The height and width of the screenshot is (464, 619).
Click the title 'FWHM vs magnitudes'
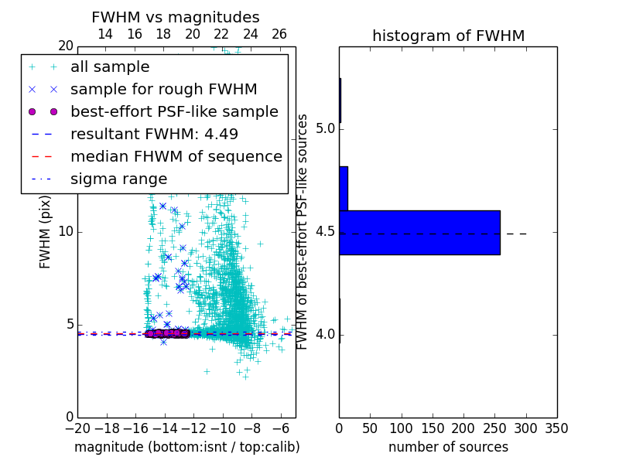pyautogui.click(x=176, y=18)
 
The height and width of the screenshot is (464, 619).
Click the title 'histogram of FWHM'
pyautogui.click(x=448, y=36)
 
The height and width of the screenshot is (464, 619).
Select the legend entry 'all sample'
pyautogui.click(x=110, y=67)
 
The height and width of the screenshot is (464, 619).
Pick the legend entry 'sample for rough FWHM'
pyautogui.click(x=163, y=89)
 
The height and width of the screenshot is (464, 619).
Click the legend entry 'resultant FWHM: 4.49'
pyautogui.click(x=154, y=134)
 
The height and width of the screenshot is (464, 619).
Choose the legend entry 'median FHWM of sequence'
pyautogui.click(x=176, y=156)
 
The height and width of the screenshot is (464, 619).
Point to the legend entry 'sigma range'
pyautogui.click(x=118, y=179)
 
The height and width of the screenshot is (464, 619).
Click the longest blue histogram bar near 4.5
pyautogui.click(x=419, y=232)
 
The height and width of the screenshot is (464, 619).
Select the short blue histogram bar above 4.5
pyautogui.click(x=344, y=188)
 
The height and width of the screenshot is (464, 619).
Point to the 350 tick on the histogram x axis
pyautogui.click(x=556, y=428)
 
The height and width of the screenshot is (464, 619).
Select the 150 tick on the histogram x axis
pyautogui.click(x=433, y=428)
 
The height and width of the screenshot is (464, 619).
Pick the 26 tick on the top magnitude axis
pyautogui.click(x=279, y=34)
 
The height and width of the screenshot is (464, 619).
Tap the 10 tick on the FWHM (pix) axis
pyautogui.click(x=66, y=232)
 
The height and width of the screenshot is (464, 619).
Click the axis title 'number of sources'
pyautogui.click(x=448, y=447)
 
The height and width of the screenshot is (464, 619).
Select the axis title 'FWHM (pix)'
pyautogui.click(x=46, y=231)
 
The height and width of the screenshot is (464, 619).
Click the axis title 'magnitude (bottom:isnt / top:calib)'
pyautogui.click(x=186, y=447)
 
